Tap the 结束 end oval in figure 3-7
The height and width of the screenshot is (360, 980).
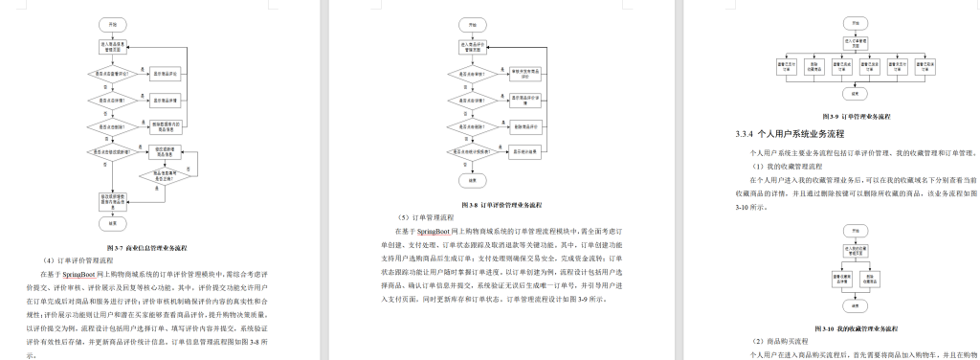coord(113,222)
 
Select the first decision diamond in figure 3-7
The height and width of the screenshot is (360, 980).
coord(112,73)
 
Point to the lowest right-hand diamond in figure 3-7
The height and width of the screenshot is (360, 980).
coord(162,174)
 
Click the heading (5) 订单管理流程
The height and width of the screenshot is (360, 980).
coord(421,217)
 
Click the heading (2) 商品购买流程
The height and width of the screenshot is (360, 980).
coord(782,341)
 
